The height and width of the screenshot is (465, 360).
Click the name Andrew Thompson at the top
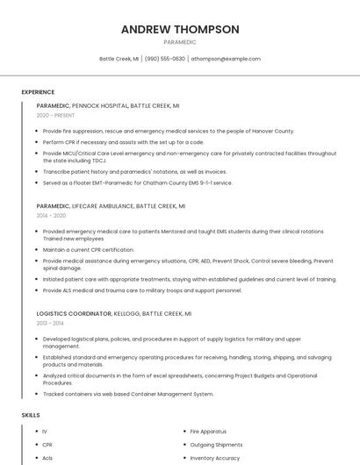(x=180, y=29)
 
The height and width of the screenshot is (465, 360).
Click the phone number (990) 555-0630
(x=165, y=59)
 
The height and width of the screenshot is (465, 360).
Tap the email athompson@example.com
(x=227, y=59)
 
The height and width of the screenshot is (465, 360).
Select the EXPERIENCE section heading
(x=38, y=92)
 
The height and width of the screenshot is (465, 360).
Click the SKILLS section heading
(x=31, y=414)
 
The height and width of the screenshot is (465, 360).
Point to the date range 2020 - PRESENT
(x=55, y=115)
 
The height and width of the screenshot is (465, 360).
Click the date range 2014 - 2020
(x=51, y=215)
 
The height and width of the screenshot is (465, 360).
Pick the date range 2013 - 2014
(x=50, y=323)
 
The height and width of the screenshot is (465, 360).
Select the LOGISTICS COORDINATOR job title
(x=74, y=313)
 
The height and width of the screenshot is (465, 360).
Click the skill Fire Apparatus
(x=208, y=432)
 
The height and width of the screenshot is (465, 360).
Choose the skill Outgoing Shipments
(x=216, y=445)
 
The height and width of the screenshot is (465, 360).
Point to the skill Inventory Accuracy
(x=215, y=458)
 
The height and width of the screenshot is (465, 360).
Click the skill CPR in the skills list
(x=47, y=445)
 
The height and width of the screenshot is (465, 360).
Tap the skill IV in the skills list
(x=45, y=432)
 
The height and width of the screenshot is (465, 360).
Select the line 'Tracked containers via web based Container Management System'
(x=127, y=394)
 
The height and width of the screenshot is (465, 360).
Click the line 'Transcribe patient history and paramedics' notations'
(x=134, y=172)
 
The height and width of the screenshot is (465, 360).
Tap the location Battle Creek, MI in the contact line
(x=119, y=59)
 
